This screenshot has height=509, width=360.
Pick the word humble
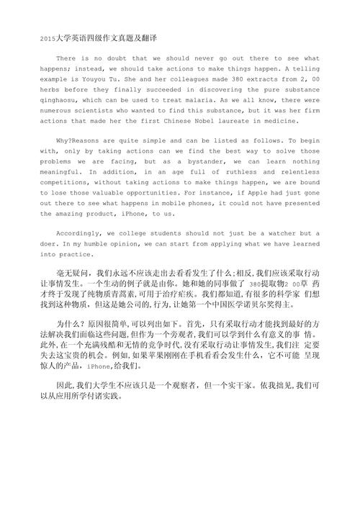[x=119, y=245]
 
